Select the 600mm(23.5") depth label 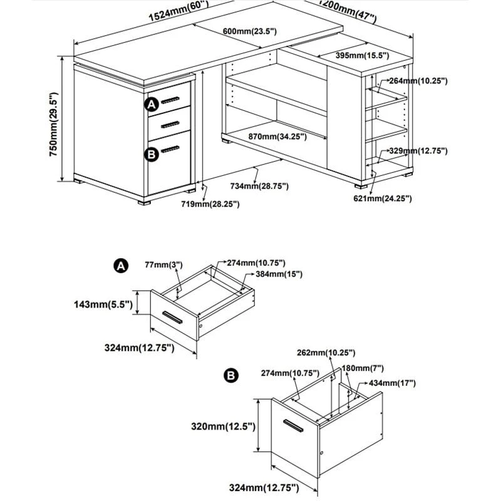point(249,32)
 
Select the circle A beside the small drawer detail point(120,266)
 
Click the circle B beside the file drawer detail point(230,376)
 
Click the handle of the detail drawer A point(172,317)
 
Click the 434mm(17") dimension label point(393,383)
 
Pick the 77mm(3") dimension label point(165,266)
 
